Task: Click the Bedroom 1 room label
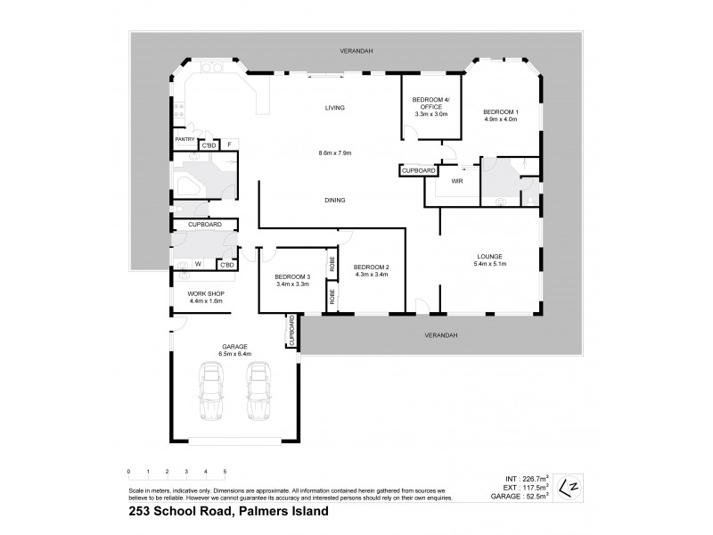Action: coord(500,111)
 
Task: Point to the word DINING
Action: coord(335,200)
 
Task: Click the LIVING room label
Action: coord(334,108)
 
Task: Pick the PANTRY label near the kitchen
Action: coord(184,139)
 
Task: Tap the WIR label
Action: coord(457,181)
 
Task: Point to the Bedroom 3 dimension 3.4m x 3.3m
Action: coord(291,284)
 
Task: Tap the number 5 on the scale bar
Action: coord(225,471)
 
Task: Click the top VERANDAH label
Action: coord(355,52)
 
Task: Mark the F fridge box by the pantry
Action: coord(229,144)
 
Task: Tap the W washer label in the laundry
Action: coord(197,264)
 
